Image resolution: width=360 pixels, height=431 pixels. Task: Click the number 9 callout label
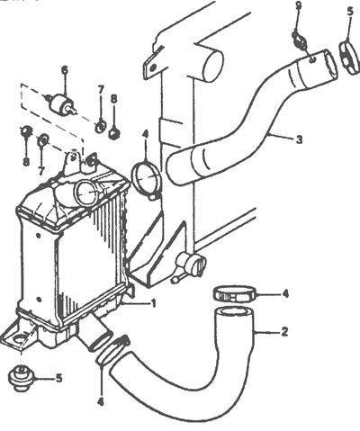point(298,6)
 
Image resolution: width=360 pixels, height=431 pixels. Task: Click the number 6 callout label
point(65,70)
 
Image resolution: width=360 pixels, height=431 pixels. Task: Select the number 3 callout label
point(299,139)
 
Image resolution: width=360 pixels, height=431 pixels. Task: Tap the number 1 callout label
point(153,304)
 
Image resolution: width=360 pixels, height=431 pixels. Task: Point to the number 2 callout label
point(284,332)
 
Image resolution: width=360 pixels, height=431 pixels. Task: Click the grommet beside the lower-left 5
point(21,378)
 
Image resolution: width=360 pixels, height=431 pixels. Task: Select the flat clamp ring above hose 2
point(235,293)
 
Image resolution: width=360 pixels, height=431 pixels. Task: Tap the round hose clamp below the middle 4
point(147,179)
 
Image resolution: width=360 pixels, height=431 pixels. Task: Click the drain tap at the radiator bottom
point(189,265)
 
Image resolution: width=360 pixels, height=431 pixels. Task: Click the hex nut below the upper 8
point(113,133)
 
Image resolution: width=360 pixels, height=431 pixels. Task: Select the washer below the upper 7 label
point(101,127)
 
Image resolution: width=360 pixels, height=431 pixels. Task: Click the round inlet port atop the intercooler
point(86,193)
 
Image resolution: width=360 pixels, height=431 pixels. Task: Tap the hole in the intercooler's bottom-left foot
point(20,341)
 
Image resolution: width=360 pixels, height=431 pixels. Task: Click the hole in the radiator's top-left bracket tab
point(152,67)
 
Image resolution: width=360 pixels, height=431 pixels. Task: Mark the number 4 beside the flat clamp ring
point(285,293)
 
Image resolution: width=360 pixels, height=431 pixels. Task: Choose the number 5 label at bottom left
point(58,378)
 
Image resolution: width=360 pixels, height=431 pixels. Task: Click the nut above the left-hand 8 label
point(26,130)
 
